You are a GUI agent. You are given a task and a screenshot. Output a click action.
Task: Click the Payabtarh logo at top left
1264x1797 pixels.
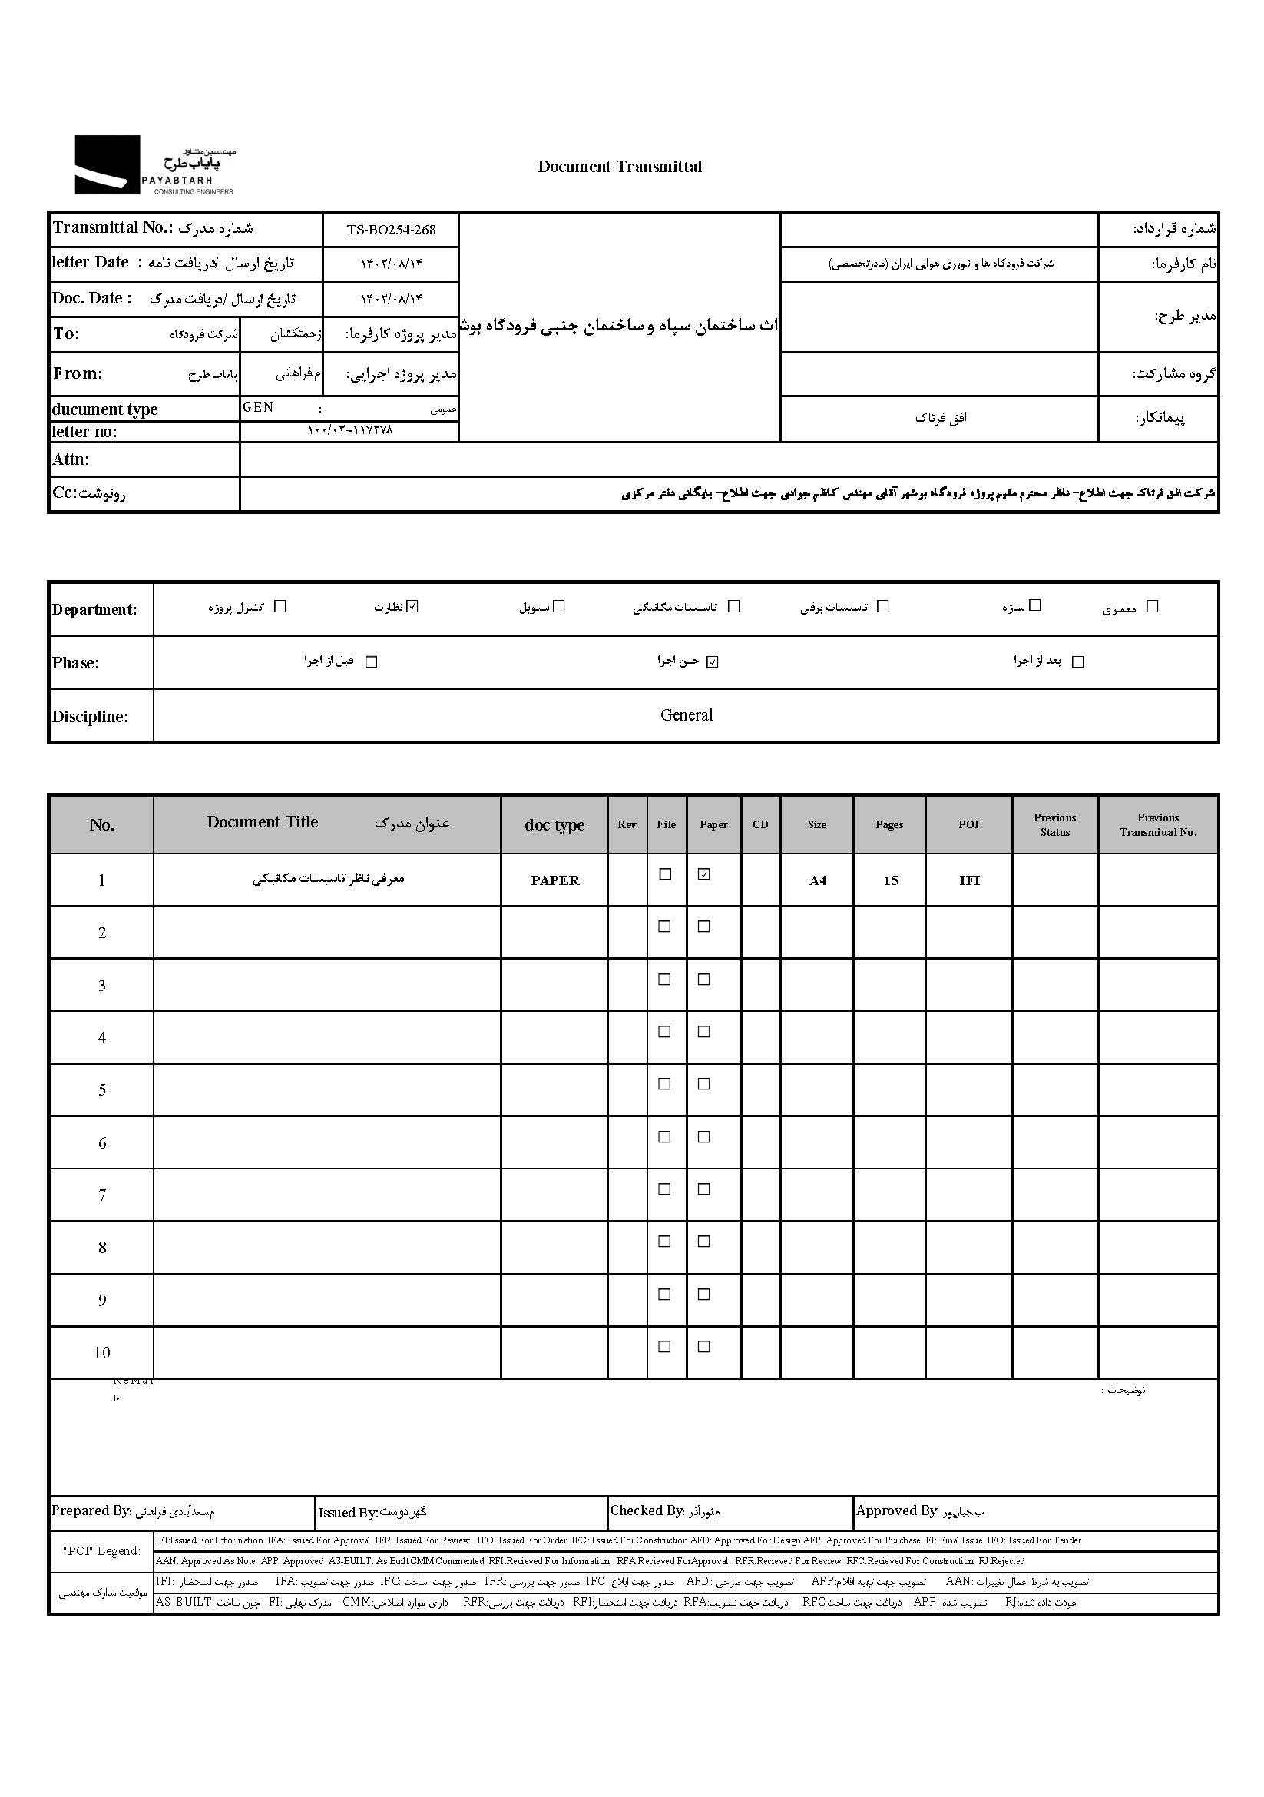[154, 165]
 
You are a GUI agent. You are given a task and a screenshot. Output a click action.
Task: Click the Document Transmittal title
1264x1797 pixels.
[620, 167]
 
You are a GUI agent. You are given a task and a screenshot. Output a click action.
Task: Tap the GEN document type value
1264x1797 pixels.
[258, 408]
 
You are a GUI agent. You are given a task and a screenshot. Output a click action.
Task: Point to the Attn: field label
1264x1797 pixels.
[71, 459]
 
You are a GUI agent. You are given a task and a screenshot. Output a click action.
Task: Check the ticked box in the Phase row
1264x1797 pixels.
[712, 662]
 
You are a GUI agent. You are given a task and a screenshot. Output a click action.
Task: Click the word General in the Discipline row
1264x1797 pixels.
[686, 715]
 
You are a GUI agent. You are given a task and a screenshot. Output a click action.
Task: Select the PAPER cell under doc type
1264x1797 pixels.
[554, 880]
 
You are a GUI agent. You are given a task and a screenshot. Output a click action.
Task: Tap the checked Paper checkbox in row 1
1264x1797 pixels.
[704, 875]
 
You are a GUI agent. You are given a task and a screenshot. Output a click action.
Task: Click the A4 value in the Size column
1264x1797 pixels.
[817, 881]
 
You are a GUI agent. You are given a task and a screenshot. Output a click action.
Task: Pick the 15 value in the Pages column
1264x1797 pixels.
[890, 881]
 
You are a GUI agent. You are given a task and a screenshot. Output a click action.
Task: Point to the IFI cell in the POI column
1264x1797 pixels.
[969, 881]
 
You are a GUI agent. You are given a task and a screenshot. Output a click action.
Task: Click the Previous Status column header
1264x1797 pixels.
[1054, 825]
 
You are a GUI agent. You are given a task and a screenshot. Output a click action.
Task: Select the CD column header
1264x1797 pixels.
[760, 825]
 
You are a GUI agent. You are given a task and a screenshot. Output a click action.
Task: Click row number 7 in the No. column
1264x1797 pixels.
[101, 1195]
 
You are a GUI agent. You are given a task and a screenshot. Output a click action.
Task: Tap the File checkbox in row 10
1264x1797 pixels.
[665, 1347]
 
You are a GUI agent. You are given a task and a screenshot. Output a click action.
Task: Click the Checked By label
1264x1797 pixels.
[647, 1511]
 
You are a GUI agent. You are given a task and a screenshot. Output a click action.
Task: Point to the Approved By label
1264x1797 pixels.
[896, 1511]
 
